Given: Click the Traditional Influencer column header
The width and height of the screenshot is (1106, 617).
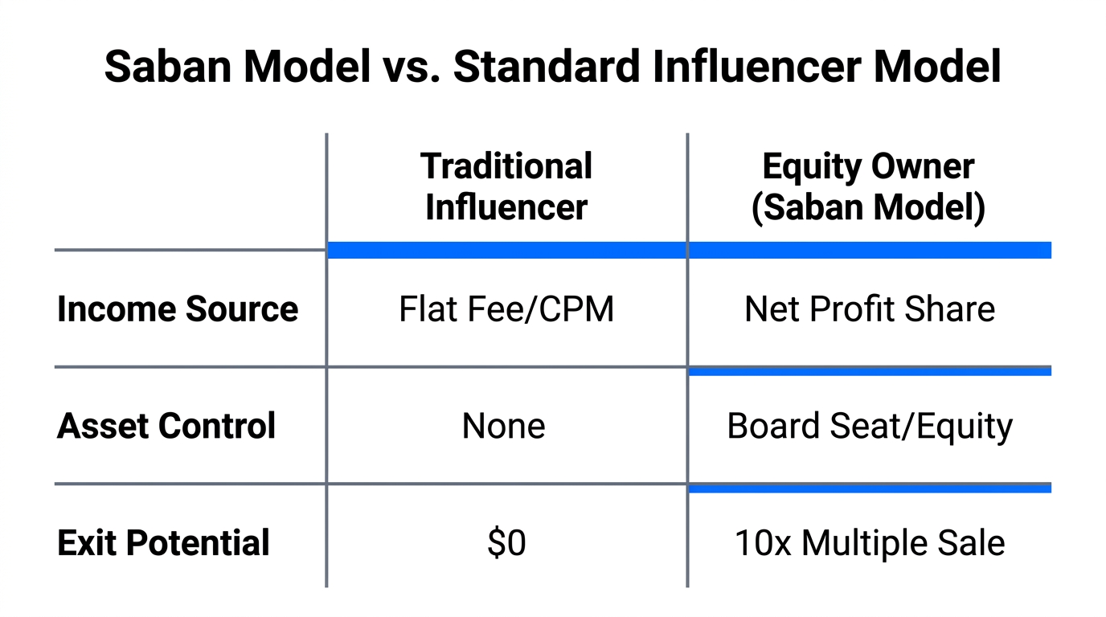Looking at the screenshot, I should pyautogui.click(x=506, y=186).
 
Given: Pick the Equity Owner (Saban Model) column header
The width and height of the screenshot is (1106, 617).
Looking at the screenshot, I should pyautogui.click(x=868, y=186).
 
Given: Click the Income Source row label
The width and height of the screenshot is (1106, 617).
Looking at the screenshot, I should pyautogui.click(x=178, y=309).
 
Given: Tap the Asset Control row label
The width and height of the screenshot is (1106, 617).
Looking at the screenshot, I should pyautogui.click(x=166, y=426).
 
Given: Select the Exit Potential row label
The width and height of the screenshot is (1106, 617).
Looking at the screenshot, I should pyautogui.click(x=163, y=543).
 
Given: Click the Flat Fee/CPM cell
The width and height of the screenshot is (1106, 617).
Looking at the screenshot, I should pyautogui.click(x=506, y=309).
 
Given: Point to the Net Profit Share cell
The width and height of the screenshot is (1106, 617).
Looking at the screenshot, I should pyautogui.click(x=870, y=309).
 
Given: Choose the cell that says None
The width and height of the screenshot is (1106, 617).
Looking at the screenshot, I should pyautogui.click(x=504, y=426).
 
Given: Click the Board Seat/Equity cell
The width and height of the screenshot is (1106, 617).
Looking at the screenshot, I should pyautogui.click(x=870, y=426).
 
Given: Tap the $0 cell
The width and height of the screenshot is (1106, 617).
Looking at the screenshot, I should pyautogui.click(x=506, y=543).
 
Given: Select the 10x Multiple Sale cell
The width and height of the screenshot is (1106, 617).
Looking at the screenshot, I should pyautogui.click(x=870, y=543).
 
